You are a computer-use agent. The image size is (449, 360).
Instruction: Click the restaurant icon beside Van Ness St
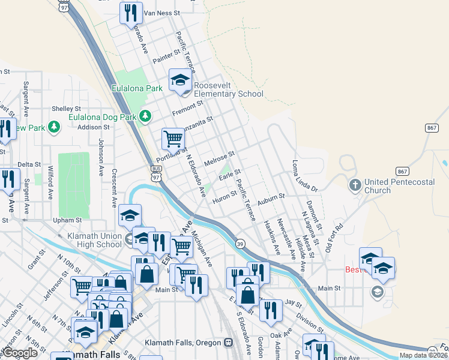(131, 13)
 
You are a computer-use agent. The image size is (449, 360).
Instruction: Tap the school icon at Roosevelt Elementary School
(180, 80)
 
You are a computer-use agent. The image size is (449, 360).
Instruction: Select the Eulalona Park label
(137, 88)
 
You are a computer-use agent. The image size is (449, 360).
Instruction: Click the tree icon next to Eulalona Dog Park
(145, 116)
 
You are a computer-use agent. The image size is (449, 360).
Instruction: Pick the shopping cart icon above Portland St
(173, 139)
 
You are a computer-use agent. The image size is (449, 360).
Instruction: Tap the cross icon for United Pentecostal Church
(355, 185)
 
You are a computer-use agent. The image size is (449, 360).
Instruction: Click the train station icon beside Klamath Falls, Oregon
(228, 343)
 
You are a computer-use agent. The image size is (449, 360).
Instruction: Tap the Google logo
(20, 353)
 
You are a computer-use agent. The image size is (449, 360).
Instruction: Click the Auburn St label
(271, 196)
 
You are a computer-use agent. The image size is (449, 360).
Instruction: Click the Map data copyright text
(423, 355)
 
